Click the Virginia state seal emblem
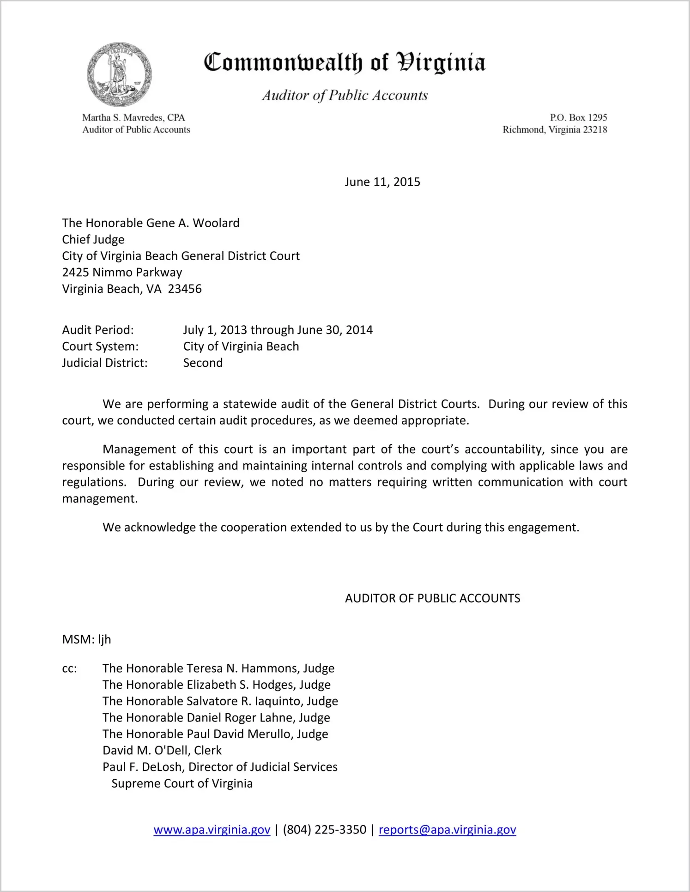point(119,74)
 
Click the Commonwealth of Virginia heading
point(345,62)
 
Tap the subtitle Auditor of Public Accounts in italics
point(345,95)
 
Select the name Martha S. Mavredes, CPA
point(133,118)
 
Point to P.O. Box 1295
point(578,118)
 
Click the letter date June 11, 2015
point(382,182)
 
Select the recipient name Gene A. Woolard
point(193,223)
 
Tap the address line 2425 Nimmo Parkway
point(122,273)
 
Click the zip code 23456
point(185,289)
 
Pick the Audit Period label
point(98,330)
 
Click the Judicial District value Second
point(203,363)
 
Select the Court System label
point(100,346)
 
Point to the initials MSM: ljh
point(86,640)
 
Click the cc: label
point(69,669)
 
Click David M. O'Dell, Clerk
point(162,751)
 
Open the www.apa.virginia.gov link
point(212,830)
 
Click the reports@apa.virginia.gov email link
point(447,830)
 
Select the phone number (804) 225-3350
point(324,830)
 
